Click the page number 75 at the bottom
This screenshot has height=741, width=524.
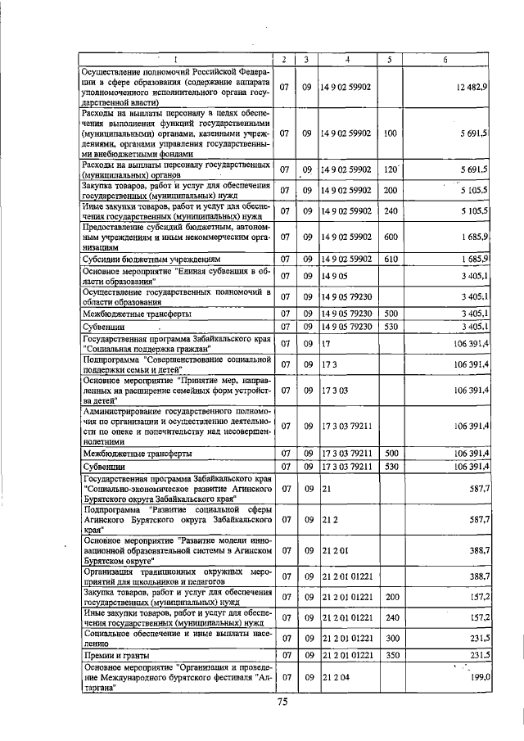click(282, 703)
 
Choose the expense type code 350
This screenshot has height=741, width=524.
click(391, 655)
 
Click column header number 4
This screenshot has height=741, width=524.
click(346, 60)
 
